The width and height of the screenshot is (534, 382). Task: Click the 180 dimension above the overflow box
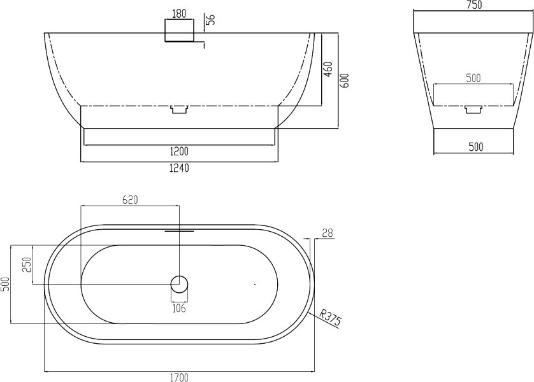[x=179, y=14]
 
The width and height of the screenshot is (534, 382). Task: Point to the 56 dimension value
[x=212, y=19]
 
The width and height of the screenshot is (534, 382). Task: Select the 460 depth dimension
[x=328, y=69]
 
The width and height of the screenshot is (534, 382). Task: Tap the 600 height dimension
[x=345, y=81]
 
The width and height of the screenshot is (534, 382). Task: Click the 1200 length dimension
[x=179, y=151]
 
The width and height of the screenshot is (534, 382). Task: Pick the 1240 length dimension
[x=179, y=167]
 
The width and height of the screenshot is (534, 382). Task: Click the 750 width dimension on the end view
[x=473, y=4]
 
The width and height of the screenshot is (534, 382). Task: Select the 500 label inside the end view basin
[x=473, y=78]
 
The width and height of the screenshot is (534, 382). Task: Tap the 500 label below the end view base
[x=476, y=146]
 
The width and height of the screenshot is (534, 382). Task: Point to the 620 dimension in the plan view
[x=130, y=200]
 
